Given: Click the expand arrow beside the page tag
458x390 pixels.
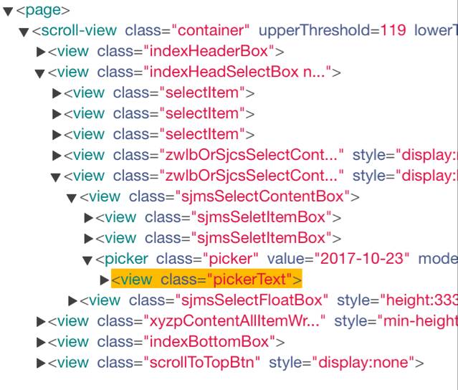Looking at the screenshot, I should [8, 11].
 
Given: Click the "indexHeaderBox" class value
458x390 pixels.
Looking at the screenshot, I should [209, 51].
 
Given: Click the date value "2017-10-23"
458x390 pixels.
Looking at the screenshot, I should [363, 259].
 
